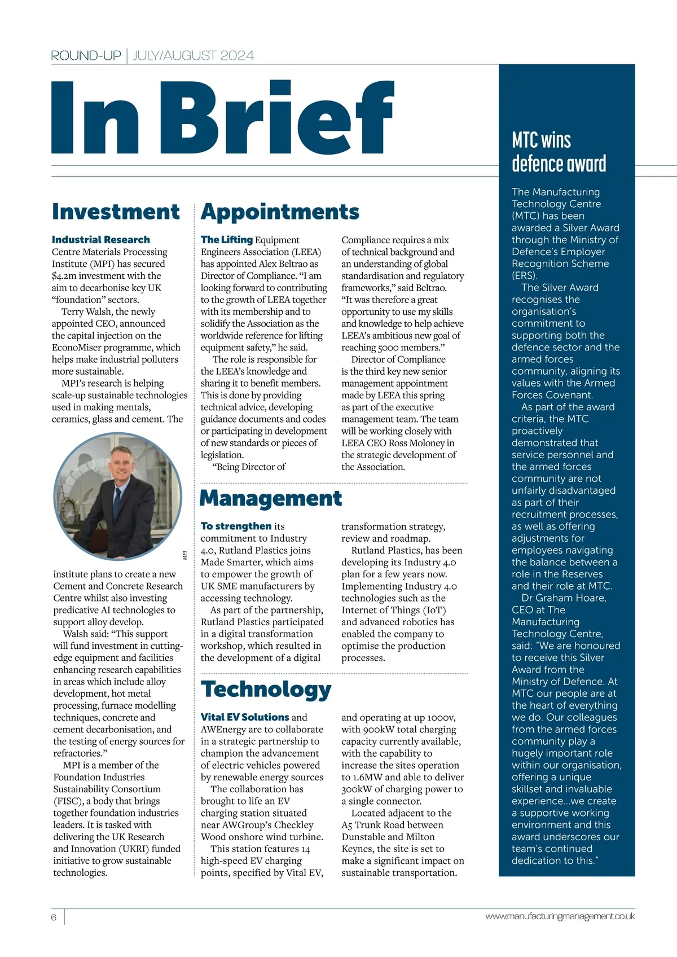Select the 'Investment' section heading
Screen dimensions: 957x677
(x=116, y=212)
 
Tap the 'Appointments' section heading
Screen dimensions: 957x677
(x=280, y=212)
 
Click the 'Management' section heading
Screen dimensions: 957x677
(x=271, y=498)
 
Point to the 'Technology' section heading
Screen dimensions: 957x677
(x=266, y=689)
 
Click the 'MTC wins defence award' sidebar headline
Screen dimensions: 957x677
(x=559, y=152)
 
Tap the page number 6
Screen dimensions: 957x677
(x=54, y=917)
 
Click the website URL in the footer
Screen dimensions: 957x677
(x=560, y=916)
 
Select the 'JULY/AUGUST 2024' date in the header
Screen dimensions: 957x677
(x=194, y=55)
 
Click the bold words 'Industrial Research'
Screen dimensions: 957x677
(x=101, y=240)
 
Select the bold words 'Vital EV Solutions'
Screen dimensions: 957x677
(x=245, y=717)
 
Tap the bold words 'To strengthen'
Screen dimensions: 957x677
(x=236, y=526)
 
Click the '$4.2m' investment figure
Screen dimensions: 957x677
(x=67, y=276)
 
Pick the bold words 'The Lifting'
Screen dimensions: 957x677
(x=226, y=240)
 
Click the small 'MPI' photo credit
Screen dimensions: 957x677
(x=184, y=555)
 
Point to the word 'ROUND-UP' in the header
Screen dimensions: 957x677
(x=86, y=55)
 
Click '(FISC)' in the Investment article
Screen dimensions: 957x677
(x=67, y=801)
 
